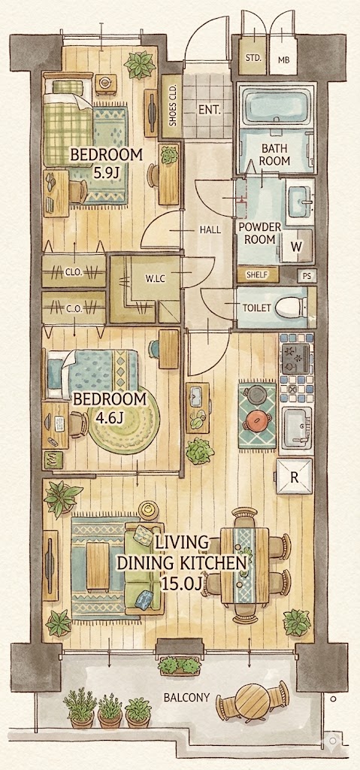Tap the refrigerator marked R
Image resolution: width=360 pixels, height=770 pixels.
294,476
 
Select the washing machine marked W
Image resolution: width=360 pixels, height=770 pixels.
295,247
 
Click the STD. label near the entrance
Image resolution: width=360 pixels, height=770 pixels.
253,57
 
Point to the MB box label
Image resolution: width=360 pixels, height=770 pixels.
283,60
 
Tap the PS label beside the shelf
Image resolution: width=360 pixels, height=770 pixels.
307,275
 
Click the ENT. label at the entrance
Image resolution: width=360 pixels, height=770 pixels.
209,110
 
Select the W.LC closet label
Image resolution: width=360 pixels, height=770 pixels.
155,279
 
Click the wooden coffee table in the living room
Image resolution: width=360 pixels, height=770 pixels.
98,565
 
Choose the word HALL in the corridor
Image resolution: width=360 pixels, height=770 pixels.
210,229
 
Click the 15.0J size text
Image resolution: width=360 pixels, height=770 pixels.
181,584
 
